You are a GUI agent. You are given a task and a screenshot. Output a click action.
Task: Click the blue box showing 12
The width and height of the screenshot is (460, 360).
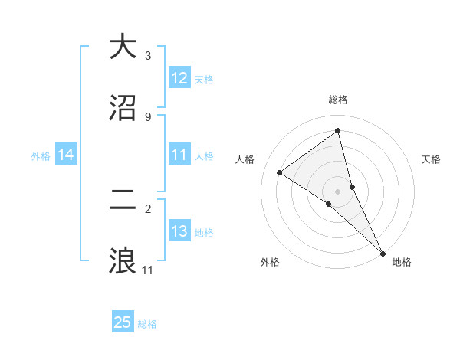(x=179, y=78)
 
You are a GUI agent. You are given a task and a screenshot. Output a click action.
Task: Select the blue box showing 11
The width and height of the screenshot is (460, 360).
(x=179, y=155)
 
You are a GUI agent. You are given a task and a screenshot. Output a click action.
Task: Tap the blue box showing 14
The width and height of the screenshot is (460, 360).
(x=66, y=155)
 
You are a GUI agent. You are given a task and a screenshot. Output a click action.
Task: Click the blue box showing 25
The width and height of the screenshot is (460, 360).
(x=123, y=322)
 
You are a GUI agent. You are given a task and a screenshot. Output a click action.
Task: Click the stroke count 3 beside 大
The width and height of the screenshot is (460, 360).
(x=148, y=56)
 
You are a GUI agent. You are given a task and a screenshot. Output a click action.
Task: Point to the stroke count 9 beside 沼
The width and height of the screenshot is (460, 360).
(x=148, y=116)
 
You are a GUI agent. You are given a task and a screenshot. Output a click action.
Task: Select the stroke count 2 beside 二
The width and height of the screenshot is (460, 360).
(x=148, y=208)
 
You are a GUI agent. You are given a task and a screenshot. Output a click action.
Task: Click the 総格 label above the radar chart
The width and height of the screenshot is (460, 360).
(x=338, y=100)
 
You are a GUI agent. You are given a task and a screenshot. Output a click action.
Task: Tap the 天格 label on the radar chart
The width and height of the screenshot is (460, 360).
(x=432, y=159)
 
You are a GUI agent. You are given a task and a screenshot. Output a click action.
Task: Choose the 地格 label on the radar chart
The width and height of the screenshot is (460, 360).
(x=402, y=262)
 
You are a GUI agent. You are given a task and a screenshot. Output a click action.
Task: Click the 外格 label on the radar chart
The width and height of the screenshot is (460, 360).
(x=269, y=262)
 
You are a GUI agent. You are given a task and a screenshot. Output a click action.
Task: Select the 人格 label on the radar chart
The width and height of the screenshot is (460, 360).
(x=245, y=159)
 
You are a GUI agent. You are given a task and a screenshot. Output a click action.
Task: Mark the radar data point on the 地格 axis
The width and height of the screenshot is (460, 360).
(x=383, y=253)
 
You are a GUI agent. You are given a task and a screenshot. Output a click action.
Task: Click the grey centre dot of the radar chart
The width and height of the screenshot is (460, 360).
(x=338, y=190)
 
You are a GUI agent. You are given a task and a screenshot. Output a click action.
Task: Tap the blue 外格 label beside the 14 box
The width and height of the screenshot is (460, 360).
(x=41, y=156)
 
